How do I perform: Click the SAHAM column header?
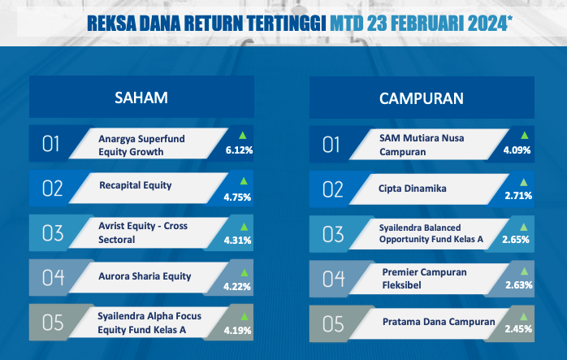click(141, 98)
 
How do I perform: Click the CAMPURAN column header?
click(422, 98)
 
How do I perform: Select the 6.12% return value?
click(239, 150)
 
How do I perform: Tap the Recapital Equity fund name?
click(135, 185)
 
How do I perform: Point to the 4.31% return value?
click(237, 241)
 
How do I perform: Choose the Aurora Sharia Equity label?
click(145, 276)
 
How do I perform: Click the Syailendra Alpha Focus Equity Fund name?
click(149, 323)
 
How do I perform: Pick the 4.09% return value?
click(517, 150)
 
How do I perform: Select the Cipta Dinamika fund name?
click(412, 189)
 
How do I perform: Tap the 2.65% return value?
click(516, 239)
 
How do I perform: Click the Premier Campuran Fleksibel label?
click(424, 279)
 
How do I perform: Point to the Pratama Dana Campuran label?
click(439, 322)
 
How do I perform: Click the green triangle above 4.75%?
click(244, 181)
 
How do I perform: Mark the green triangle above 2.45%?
click(524, 317)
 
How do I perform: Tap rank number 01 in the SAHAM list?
click(50, 144)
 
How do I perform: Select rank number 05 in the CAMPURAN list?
click(333, 323)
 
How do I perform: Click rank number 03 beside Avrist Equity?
click(53, 233)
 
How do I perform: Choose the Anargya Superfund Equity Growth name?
click(141, 145)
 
